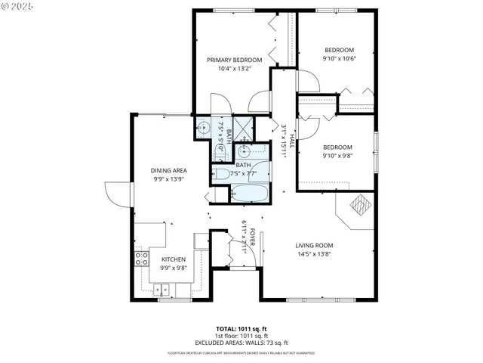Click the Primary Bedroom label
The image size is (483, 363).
coord(234,60)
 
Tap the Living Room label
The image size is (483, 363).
coord(314,245)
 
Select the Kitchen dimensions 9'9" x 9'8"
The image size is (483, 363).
coord(173,267)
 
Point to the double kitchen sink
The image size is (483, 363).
coord(162,289)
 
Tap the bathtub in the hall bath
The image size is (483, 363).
coord(249,194)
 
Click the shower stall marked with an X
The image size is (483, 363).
coord(243,126)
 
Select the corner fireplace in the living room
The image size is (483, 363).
coord(358,209)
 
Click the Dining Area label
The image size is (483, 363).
coord(169,170)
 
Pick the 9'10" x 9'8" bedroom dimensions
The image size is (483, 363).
coord(337,156)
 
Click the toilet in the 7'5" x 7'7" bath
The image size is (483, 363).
coord(221,175)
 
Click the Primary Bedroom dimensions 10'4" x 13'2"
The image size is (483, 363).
coord(234,68)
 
